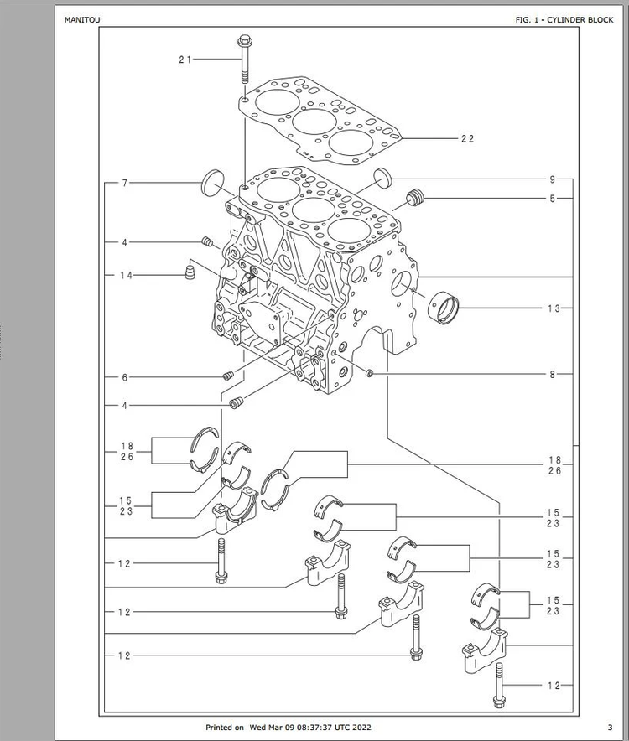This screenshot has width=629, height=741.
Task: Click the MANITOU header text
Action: tap(82, 20)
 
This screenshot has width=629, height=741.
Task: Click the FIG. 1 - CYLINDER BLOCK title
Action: tap(564, 20)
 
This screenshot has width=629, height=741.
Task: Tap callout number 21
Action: tap(185, 60)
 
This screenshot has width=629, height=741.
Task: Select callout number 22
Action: tap(467, 138)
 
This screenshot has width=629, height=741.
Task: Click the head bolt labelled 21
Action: tap(245, 59)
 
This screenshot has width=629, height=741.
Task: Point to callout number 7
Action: tap(125, 183)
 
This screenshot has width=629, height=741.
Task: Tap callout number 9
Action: tap(553, 179)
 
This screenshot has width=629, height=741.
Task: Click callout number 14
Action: tap(126, 276)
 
